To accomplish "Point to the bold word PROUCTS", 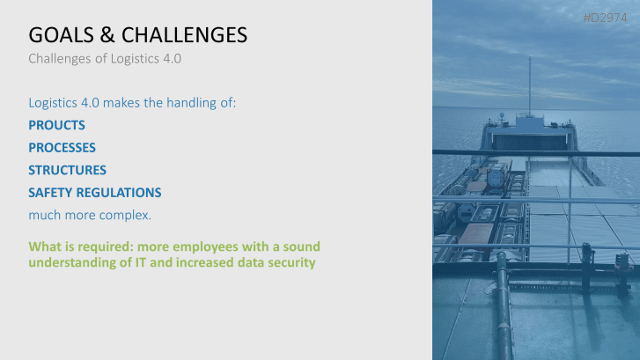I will pyautogui.click(x=56, y=125).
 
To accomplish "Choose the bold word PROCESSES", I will pyautogui.click(x=62, y=147).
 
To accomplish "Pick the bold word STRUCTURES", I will pyautogui.click(x=67, y=169).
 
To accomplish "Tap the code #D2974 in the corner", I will pyautogui.click(x=610, y=18).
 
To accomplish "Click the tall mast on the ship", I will pyautogui.click(x=529, y=84).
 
